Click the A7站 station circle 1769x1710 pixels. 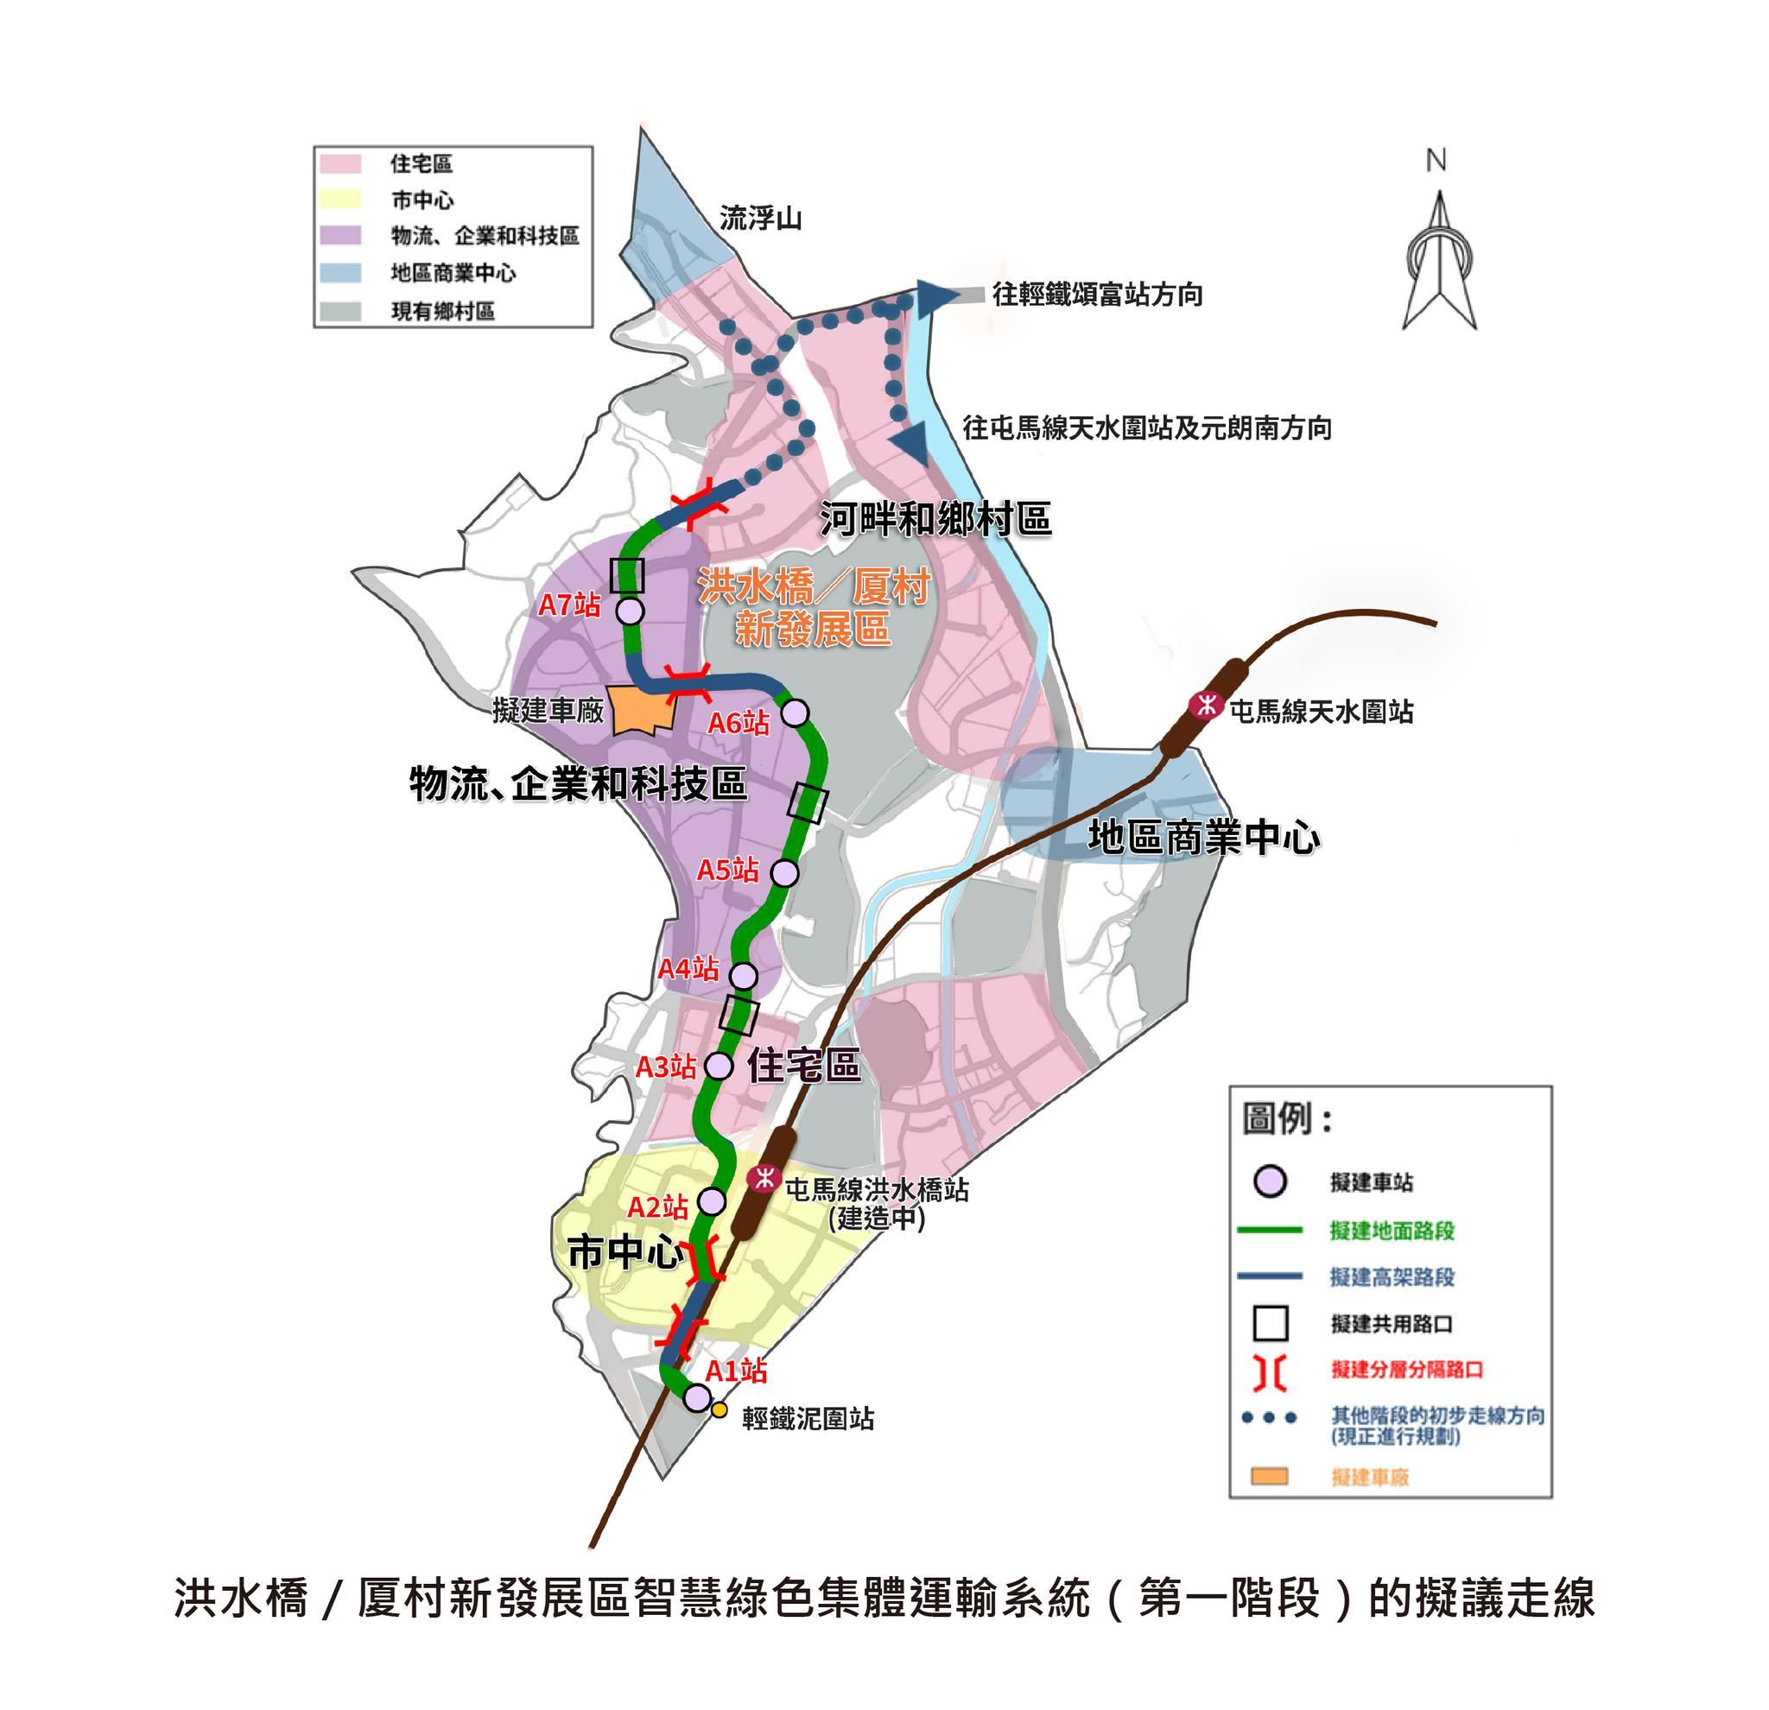point(629,611)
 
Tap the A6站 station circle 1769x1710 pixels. point(795,712)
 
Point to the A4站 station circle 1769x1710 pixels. point(743,975)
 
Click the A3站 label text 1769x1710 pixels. point(666,1067)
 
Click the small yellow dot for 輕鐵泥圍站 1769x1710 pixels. point(720,1409)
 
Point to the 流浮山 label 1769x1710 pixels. point(760,218)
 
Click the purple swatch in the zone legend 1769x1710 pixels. point(339,236)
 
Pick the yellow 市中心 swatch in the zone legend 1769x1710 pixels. point(339,199)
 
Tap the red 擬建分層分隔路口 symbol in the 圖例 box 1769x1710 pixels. point(1271,1371)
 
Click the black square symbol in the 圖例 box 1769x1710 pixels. point(1271,1324)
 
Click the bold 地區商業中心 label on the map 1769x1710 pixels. point(1204,838)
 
